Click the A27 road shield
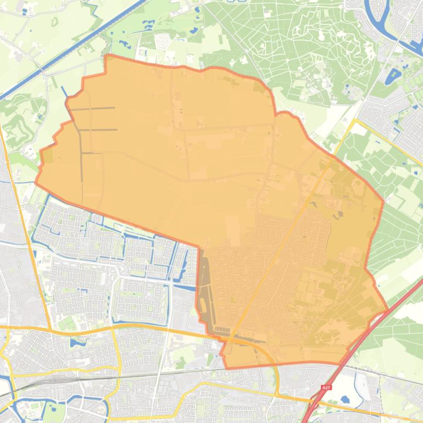pos(326,387)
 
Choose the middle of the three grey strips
pos(99,130)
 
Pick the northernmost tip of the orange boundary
pos(105,55)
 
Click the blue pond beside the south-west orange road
pos(75,342)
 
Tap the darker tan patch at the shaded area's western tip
pos(47,156)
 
